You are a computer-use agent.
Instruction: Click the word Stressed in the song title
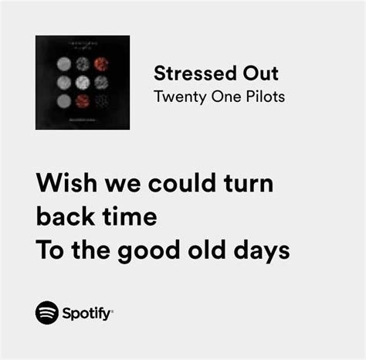195,73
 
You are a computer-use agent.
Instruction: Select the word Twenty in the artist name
180,97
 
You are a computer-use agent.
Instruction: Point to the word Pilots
265,97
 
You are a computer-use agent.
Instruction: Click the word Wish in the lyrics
66,182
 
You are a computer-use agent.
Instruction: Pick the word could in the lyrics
182,182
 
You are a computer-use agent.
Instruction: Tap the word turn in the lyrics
249,184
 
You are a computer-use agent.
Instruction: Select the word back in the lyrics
65,216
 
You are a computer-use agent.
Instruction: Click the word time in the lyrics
130,216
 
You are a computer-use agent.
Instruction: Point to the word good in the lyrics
149,251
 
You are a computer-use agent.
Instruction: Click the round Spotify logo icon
47,313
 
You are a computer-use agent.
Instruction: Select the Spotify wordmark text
87,314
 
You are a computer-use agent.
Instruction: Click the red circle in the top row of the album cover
101,64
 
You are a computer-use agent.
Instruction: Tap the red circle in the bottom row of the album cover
83,100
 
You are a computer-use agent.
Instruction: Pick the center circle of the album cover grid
83,83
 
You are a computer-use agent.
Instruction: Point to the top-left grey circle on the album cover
64,64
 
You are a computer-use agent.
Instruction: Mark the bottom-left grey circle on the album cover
64,100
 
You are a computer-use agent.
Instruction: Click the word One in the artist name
226,97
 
